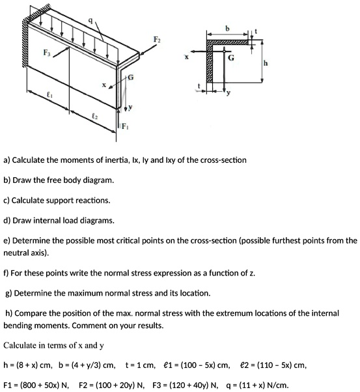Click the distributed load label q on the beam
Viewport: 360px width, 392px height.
pyautogui.click(x=91, y=21)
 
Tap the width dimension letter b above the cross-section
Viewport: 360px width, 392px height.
pyautogui.click(x=227, y=28)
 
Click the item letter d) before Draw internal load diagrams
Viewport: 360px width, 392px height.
pyautogui.click(x=7, y=219)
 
